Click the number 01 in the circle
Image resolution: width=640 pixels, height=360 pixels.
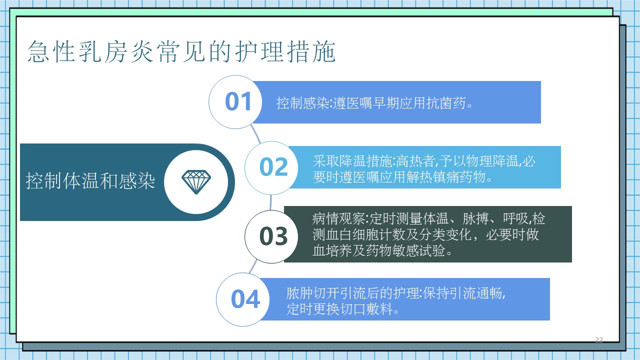[x=238, y=101]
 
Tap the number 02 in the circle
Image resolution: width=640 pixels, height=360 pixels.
[x=273, y=167]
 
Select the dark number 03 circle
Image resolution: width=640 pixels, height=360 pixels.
[x=271, y=236]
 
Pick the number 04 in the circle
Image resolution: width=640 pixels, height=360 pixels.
[x=245, y=299]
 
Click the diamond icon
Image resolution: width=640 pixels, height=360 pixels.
[x=196, y=182]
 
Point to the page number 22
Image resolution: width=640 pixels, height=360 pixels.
[x=599, y=339]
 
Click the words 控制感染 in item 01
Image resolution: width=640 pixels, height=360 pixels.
[x=302, y=103]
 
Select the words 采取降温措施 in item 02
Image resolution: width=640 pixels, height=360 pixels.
[x=352, y=161]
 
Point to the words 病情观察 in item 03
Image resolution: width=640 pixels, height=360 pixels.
[x=338, y=219]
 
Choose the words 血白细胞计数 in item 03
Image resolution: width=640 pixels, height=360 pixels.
[x=359, y=235]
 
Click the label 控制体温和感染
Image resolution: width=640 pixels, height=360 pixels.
[x=90, y=181]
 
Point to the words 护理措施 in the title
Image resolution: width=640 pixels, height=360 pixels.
[x=285, y=51]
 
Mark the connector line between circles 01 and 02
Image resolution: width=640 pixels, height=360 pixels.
[x=255, y=133]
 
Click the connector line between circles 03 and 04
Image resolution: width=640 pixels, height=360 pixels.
[x=253, y=266]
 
